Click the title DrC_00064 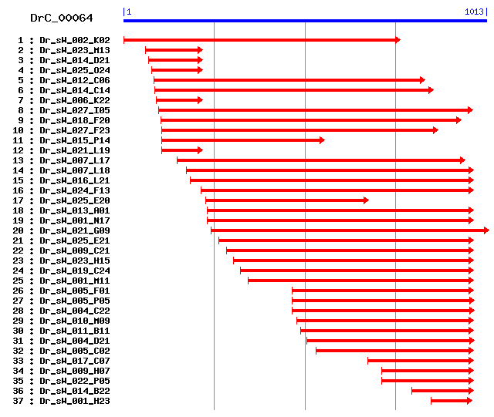(61, 18)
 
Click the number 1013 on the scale (474, 12)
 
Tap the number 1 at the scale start (128, 12)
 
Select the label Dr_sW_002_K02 (75, 40)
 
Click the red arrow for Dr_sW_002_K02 (261, 40)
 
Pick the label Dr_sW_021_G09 (75, 230)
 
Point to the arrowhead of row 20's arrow (485, 230)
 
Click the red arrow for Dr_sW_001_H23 (451, 401)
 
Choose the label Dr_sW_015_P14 (75, 140)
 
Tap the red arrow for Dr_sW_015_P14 (242, 140)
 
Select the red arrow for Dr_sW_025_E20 (286, 200)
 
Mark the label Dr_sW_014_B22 (75, 391)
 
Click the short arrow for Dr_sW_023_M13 (174, 50)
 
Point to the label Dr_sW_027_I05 (75, 110)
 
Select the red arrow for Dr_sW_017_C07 (420, 361)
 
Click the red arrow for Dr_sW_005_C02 (394, 351)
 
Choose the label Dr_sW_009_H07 (75, 371)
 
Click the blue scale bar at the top (305, 21)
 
